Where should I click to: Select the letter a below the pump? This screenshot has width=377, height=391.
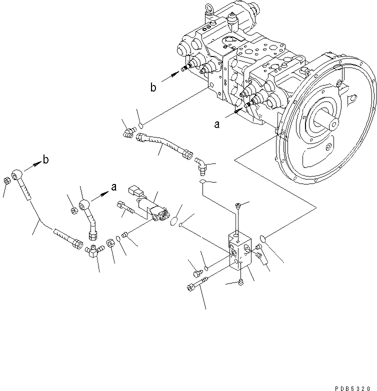tap(216, 125)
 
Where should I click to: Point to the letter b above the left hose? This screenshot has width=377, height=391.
tap(46, 160)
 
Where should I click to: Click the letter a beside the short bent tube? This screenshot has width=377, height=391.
tap(113, 187)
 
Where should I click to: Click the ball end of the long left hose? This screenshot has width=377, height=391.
tap(18, 174)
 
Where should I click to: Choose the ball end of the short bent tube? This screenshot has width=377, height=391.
tap(85, 205)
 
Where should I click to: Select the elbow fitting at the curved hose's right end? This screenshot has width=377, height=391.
tap(200, 163)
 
